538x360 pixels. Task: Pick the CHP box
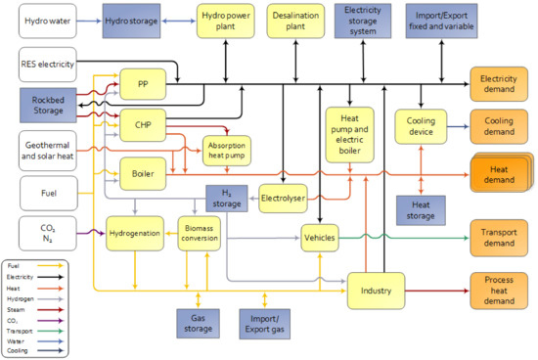pos(142,124)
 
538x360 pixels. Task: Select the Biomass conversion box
pos(204,234)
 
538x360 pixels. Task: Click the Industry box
pos(377,291)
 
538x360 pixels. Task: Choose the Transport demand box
pos(500,236)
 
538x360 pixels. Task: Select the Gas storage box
pos(199,324)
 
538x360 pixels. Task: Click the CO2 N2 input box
pos(47,234)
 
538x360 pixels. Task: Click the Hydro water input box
pos(47,22)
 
